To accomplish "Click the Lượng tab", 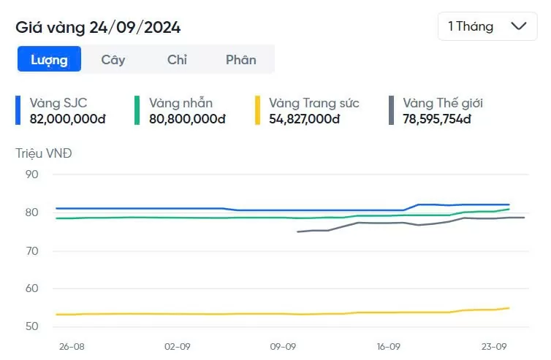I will click(49, 60).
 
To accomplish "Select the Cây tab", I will click(113, 60).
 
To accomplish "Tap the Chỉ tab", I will click(177, 60).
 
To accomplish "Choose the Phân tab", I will click(241, 60).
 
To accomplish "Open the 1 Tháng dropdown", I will click(487, 26).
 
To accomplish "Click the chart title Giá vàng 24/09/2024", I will click(98, 28).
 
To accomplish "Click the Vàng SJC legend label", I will click(58, 103).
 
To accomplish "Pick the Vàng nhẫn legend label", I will click(180, 103).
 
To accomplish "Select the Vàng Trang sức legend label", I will click(314, 103).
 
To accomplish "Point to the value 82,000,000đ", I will click(68, 118).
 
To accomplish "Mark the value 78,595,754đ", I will click(437, 118).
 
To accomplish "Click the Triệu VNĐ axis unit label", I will click(44, 153).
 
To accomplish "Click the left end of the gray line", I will click(297, 231).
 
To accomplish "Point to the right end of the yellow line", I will click(509, 307).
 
